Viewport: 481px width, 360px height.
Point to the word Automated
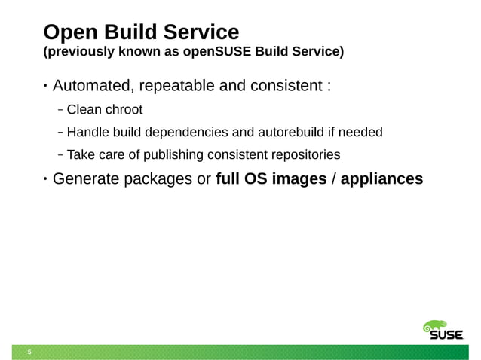tap(97, 84)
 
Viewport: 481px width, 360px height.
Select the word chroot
tap(124, 110)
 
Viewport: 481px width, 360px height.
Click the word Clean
tap(84, 110)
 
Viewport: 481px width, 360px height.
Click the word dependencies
tap(190, 133)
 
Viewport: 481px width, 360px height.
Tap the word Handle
tap(87, 133)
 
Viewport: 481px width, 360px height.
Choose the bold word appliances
tap(381, 180)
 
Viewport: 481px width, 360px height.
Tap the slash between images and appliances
tap(332, 180)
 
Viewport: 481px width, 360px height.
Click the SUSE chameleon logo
tap(441, 331)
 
